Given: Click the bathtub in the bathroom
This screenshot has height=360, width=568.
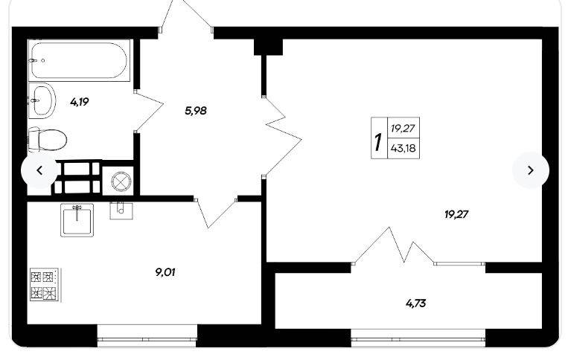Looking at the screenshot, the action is click(79, 60).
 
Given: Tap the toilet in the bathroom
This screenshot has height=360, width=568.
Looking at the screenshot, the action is click(48, 140).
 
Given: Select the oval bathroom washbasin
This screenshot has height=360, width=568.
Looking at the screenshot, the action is click(42, 100).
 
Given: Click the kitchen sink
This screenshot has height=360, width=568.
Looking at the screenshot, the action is click(77, 220).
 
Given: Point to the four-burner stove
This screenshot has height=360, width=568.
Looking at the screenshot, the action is click(44, 284).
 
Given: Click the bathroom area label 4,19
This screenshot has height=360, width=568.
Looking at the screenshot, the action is click(80, 102).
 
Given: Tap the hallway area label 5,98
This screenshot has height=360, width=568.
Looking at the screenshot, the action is click(196, 110).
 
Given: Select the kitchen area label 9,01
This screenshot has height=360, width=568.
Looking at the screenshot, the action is click(165, 272).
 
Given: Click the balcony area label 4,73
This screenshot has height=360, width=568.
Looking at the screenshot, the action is click(415, 303).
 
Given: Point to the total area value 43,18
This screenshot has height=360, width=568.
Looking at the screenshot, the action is click(403, 148).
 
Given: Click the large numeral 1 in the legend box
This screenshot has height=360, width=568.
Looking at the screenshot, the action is click(378, 142).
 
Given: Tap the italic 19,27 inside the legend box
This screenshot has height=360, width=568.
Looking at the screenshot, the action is click(403, 128).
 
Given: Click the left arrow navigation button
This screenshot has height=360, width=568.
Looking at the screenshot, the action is click(39, 170).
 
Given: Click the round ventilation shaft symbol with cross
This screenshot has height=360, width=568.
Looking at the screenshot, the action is click(118, 181).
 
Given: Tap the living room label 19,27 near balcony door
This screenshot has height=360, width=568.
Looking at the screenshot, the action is click(456, 214).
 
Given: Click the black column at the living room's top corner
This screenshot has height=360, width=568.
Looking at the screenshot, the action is click(268, 47).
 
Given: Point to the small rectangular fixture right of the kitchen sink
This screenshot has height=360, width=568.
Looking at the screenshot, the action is click(121, 210).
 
